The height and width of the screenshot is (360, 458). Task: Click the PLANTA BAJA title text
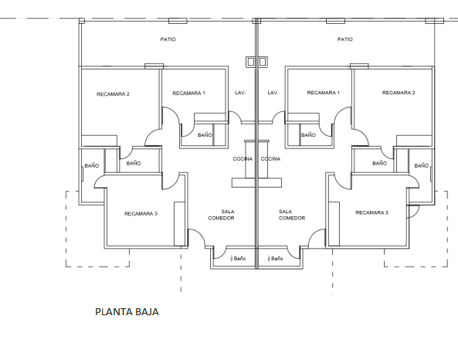coord(127,313)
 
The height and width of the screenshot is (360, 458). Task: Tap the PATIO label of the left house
coord(168,39)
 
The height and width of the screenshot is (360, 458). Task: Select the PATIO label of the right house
coord(345,39)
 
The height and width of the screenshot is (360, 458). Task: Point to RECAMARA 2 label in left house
coord(113,94)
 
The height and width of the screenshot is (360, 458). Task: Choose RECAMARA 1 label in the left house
coord(188,93)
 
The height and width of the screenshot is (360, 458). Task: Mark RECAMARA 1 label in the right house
coord(324,93)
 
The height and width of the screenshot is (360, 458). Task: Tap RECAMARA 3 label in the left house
coord(141,212)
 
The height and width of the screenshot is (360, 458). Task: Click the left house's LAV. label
coord(240,93)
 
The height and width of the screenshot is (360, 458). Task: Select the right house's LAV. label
coord(272,93)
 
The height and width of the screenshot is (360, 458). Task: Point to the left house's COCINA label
coord(243,158)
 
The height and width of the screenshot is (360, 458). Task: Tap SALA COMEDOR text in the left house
coord(227,215)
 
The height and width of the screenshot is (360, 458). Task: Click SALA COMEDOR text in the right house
coord(286,215)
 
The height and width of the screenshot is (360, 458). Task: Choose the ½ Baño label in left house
coord(236,258)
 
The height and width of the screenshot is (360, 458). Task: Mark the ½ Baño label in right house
coord(275,258)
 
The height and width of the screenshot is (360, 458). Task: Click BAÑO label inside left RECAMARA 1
coord(205,134)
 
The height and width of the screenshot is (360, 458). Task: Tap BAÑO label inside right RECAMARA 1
coord(308,134)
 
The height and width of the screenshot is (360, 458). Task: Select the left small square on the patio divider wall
coord(249,61)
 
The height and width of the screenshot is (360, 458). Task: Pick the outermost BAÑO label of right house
coord(421,165)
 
